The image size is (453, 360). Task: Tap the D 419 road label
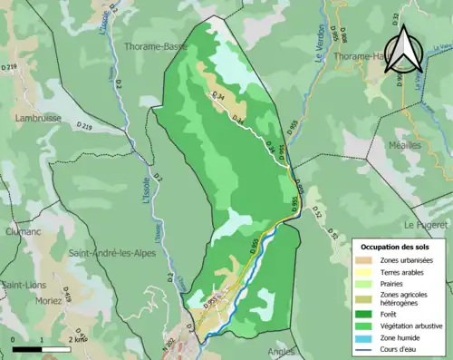tap(80, 339)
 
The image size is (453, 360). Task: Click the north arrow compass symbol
tap(404, 53)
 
